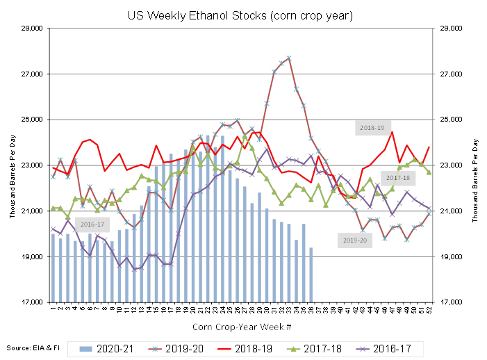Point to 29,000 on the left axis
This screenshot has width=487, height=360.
tap(32, 28)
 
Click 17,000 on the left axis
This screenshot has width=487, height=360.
tap(32, 302)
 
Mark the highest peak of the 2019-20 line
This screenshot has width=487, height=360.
tap(288, 57)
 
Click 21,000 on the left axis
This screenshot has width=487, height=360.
tap(32, 211)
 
